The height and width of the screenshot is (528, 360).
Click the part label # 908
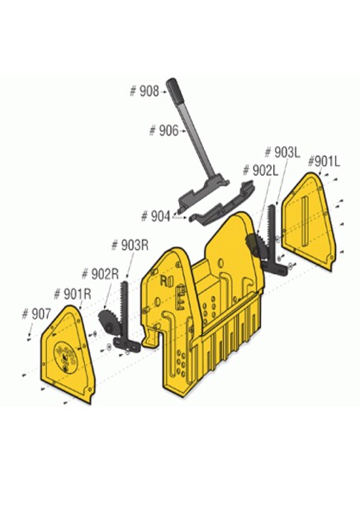click(x=144, y=91)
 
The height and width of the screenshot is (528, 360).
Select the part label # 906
click(x=163, y=130)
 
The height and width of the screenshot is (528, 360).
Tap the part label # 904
click(x=155, y=216)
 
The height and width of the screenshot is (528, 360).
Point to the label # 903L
click(x=282, y=152)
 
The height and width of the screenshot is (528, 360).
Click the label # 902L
click(x=261, y=171)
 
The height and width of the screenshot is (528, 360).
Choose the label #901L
click(x=324, y=162)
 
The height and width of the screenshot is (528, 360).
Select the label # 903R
click(x=130, y=245)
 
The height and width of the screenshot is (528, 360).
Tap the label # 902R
click(x=100, y=274)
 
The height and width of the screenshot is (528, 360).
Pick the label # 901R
click(x=73, y=295)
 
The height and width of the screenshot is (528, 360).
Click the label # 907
click(x=36, y=314)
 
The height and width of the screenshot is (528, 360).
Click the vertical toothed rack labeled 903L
click(x=271, y=233)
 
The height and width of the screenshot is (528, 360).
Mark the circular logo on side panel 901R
click(x=65, y=357)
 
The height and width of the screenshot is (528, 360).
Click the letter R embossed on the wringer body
click(x=163, y=280)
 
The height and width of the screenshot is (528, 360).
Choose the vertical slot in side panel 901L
click(x=305, y=221)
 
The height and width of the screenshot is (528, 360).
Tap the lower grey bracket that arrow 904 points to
click(x=222, y=204)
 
